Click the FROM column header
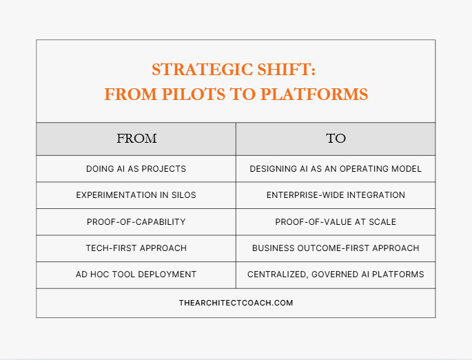click(136, 139)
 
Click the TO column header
click(336, 139)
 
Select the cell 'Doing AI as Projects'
click(136, 169)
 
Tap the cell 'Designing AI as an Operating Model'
click(336, 169)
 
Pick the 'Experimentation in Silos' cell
click(136, 195)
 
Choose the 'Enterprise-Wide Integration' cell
click(336, 195)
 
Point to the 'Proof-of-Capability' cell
click(136, 222)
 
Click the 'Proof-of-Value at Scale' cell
click(336, 222)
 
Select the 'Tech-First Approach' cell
click(136, 248)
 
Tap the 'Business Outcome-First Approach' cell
click(336, 248)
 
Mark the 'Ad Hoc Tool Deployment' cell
click(136, 274)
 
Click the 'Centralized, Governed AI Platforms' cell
click(336, 274)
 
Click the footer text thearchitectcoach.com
click(236, 303)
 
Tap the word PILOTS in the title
click(193, 94)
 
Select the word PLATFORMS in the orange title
click(314, 94)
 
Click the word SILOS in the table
click(183, 195)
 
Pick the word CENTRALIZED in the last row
click(277, 274)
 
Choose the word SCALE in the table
click(382, 222)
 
